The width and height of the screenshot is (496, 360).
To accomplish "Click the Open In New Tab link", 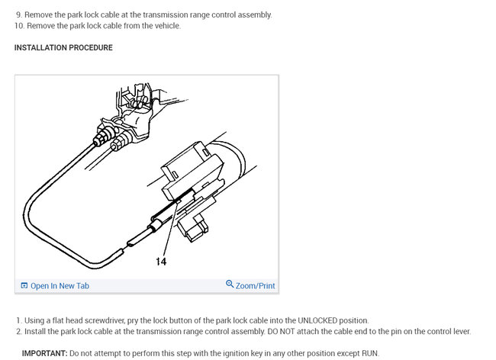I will (x=60, y=286).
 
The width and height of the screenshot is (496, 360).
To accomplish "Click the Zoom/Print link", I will (x=256, y=286).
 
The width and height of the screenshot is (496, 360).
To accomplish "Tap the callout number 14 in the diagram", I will (x=161, y=262).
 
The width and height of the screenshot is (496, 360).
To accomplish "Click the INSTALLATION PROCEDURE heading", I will (x=63, y=48).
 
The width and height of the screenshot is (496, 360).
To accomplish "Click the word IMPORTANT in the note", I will (x=44, y=353).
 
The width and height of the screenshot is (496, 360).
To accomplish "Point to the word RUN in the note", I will (x=369, y=353).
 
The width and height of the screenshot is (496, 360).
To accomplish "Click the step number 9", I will (x=18, y=14).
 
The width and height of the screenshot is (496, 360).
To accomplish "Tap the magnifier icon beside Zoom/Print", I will (x=230, y=285).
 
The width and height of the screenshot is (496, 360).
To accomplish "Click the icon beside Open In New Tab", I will (x=24, y=286).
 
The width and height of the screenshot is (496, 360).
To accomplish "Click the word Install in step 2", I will (x=35, y=331).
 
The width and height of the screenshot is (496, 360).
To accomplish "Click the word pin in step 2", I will (x=402, y=331).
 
